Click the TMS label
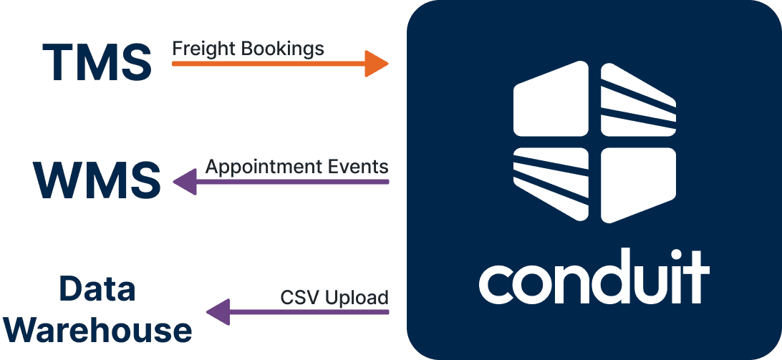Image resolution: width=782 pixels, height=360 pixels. [97, 62]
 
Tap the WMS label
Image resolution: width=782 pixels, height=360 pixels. [97, 180]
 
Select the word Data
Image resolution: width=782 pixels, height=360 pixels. [97, 290]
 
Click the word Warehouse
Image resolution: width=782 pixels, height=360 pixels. [102, 330]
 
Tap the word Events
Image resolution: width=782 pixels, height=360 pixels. [359, 167]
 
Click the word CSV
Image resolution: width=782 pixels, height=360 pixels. [296, 296]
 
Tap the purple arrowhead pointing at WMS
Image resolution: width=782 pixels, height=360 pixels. [184, 181]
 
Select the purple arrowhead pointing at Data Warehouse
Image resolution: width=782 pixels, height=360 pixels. [218, 313]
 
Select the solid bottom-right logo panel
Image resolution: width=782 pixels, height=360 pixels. [637, 183]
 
